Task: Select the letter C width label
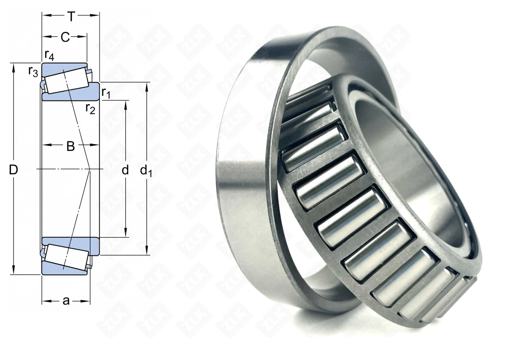click(x=65, y=37)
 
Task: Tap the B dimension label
click(x=71, y=146)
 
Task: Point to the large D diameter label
click(x=14, y=170)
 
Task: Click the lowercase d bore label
click(x=125, y=170)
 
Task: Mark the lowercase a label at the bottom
click(x=66, y=301)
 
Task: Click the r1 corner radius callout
click(x=106, y=93)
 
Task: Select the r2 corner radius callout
click(x=90, y=109)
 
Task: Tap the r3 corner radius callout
click(x=33, y=72)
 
